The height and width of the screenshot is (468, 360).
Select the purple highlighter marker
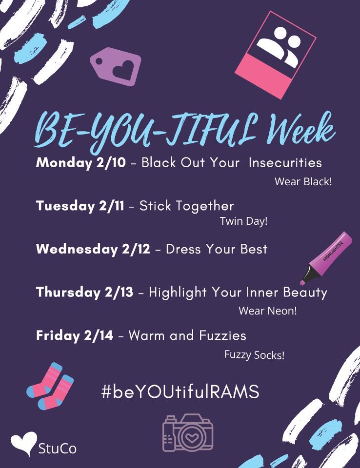(326, 257)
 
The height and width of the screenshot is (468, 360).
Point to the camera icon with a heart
(188, 433)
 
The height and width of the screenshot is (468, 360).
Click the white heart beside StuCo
(23, 443)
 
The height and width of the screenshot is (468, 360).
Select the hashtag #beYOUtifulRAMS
(180, 392)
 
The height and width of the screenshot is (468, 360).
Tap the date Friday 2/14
(75, 335)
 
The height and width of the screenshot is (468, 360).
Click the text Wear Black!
(303, 182)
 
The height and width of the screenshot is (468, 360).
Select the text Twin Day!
(243, 221)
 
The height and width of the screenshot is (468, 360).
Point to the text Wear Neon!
(267, 311)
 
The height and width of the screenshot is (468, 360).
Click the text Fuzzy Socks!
(254, 355)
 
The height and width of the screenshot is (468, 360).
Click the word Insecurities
(285, 162)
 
